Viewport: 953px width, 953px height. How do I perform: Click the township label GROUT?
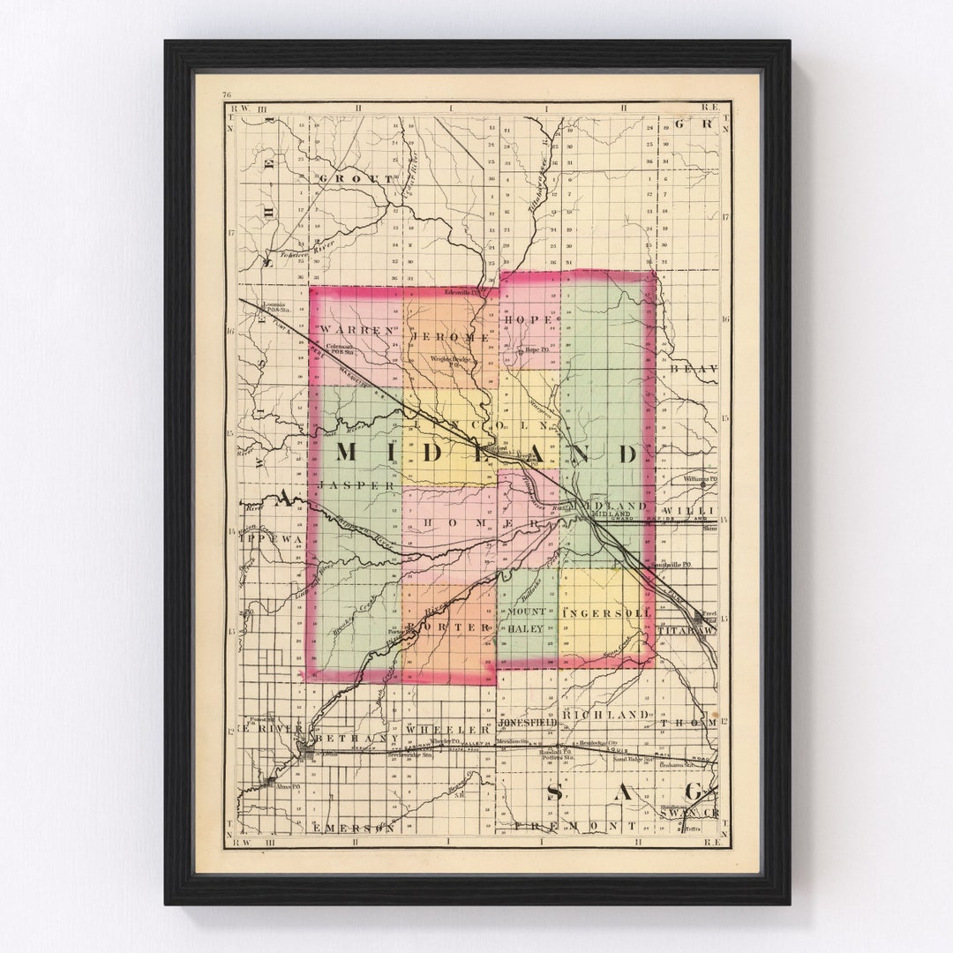point(356,178)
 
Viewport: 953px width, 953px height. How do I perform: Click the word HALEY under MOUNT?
point(524,629)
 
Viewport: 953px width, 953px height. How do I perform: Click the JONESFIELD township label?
point(528,722)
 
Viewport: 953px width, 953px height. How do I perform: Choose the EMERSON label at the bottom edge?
point(353,828)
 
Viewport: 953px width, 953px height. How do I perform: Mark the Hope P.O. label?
point(536,350)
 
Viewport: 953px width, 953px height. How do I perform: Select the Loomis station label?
point(276,307)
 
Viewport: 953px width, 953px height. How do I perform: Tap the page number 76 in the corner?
point(227,94)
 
